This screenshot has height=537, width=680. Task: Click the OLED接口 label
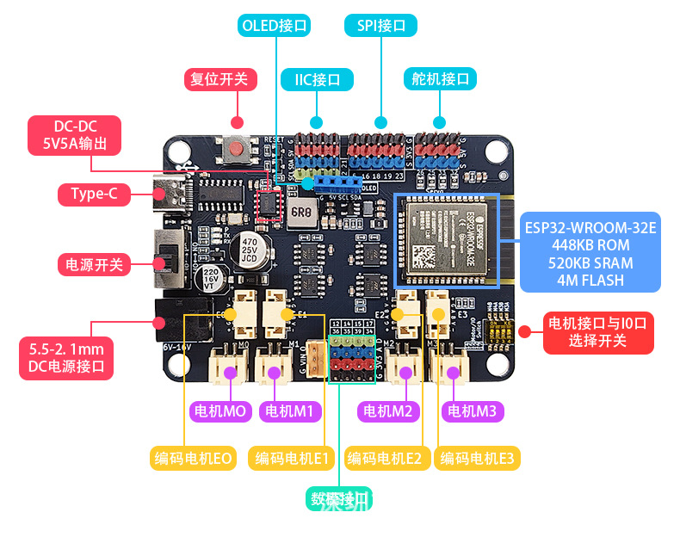(275, 26)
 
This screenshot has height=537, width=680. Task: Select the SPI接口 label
(380, 26)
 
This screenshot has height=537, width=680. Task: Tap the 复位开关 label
(219, 80)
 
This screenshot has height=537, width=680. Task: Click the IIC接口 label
(317, 80)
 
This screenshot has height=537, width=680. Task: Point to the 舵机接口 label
(440, 80)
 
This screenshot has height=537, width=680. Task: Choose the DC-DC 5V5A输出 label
(74, 135)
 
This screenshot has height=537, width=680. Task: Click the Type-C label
(94, 194)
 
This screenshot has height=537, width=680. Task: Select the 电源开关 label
(94, 264)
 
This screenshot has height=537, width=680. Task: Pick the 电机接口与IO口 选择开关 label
(598, 333)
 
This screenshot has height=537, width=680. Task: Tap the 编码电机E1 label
(291, 459)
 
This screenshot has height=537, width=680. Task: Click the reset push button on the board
(238, 150)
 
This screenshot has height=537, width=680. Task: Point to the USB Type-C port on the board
(169, 194)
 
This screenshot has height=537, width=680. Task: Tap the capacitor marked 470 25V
(250, 244)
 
